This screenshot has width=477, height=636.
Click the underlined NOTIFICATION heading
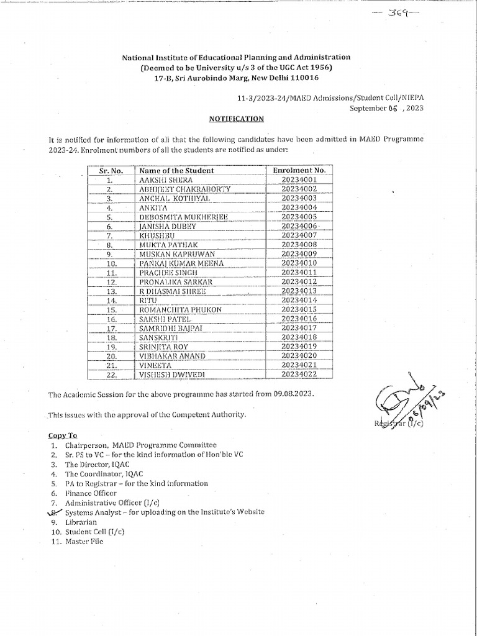235,119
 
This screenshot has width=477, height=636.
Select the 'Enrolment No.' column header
299,170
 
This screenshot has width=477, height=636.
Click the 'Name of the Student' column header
176,170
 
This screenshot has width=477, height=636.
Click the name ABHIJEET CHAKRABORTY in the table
184,189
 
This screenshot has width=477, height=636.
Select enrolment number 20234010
299,263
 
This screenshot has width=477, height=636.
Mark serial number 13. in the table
111,291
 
